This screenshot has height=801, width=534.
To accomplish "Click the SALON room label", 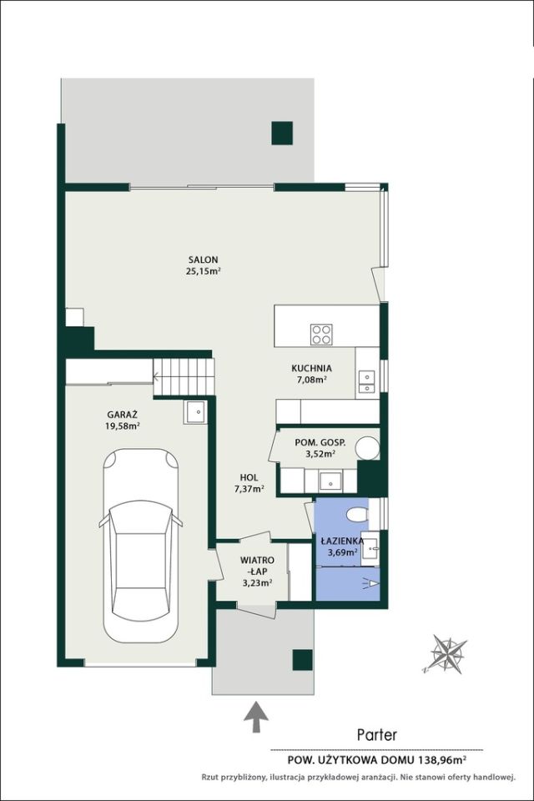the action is [x=203, y=259].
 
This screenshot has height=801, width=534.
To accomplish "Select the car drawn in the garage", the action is [x=141, y=546].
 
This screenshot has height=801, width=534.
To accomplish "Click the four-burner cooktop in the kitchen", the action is [x=321, y=335].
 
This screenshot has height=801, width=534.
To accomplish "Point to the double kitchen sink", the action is [x=366, y=382].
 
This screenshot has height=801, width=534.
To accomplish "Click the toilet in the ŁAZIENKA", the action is [x=358, y=515].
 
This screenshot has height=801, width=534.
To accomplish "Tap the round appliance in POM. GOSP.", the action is [x=367, y=448].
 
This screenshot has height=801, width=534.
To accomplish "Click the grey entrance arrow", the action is [x=255, y=718].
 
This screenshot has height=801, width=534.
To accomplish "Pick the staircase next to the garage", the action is [x=184, y=376].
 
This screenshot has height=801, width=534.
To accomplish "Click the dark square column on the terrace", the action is [x=282, y=133].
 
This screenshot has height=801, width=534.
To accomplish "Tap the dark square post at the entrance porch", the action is [x=302, y=659].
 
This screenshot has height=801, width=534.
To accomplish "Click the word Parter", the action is [x=376, y=734].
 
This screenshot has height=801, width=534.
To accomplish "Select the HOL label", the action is [x=249, y=477].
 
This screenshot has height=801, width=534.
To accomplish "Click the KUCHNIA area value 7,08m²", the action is [x=312, y=380].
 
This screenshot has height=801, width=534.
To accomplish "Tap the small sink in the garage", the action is [x=195, y=411].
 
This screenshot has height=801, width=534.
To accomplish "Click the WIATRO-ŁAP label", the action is [x=257, y=566].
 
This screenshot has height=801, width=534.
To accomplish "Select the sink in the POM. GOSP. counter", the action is [x=330, y=481].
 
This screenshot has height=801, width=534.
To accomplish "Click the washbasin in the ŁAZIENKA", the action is [x=370, y=549].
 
